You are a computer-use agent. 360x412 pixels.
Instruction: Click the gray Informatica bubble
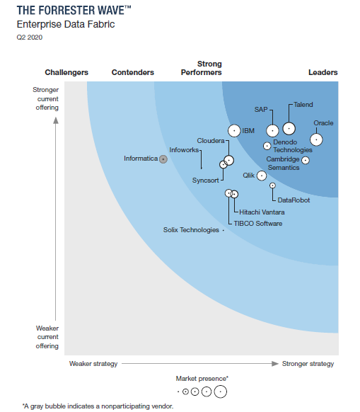[x=163, y=159]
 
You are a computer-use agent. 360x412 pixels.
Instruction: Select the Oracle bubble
[x=315, y=139]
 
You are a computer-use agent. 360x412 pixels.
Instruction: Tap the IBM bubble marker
[x=233, y=130]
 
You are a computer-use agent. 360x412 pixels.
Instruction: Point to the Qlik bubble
[x=261, y=175]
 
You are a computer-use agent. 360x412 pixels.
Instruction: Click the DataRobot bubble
[x=272, y=185]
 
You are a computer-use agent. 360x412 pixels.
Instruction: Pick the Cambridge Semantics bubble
[x=305, y=160]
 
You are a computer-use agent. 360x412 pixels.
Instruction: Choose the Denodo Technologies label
[x=292, y=147]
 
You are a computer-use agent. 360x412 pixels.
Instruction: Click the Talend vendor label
[x=303, y=104]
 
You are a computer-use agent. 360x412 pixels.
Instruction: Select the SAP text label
[x=261, y=110]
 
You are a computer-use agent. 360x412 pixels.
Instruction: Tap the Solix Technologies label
[x=191, y=230]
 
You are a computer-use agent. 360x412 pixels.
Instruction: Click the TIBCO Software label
[x=258, y=224]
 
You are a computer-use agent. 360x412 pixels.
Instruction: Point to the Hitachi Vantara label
[x=262, y=212]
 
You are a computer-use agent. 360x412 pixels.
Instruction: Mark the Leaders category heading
[x=323, y=72]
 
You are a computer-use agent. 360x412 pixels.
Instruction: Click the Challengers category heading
[x=66, y=72]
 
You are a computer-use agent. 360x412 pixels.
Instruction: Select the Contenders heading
[x=133, y=72]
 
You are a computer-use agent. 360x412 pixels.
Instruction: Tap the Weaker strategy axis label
[x=93, y=364]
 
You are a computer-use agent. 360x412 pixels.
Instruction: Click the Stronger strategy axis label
[x=308, y=364]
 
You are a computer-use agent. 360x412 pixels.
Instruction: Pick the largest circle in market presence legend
[x=221, y=391]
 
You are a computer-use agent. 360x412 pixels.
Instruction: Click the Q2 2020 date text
[x=29, y=37]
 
